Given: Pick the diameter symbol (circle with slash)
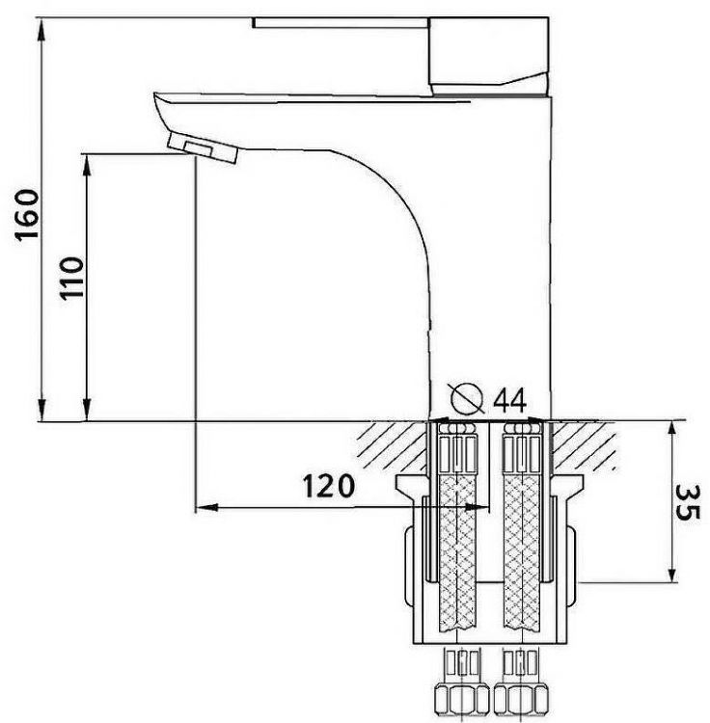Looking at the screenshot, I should [x=468, y=397].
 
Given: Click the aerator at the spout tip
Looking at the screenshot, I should [x=202, y=147].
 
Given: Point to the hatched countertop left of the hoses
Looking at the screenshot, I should [x=391, y=441].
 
